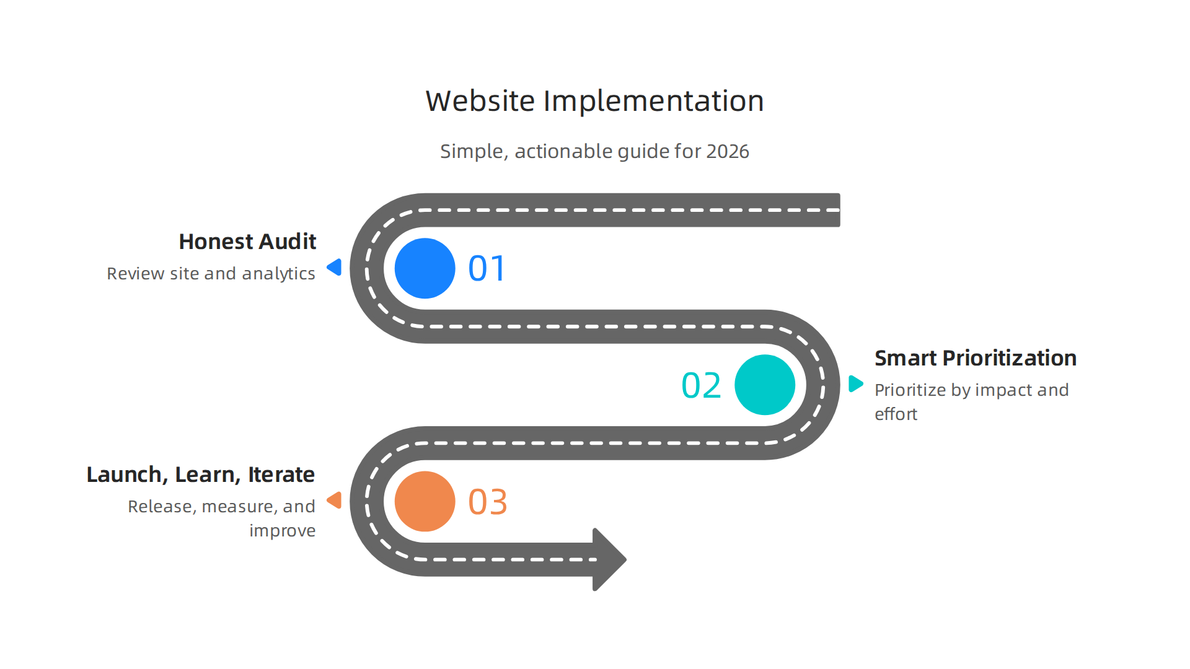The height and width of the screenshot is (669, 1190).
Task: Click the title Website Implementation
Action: [594, 101]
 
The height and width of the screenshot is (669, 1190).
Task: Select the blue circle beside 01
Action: [425, 268]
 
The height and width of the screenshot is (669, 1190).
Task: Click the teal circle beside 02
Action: [764, 385]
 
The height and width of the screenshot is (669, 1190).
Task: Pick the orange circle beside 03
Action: [425, 501]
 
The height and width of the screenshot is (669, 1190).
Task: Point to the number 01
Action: [487, 269]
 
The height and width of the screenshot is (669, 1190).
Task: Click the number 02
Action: [701, 385]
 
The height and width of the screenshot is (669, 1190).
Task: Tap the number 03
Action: [488, 502]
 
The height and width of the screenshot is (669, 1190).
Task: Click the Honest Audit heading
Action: [247, 242]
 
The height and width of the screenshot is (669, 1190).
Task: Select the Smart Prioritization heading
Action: [975, 358]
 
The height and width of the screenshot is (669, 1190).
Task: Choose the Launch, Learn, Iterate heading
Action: [200, 474]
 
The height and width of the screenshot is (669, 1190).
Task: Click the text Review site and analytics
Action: [211, 274]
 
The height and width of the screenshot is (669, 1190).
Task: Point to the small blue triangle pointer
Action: [335, 267]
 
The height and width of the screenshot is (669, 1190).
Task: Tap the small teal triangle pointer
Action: [855, 383]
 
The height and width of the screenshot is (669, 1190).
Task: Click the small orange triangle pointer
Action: [335, 500]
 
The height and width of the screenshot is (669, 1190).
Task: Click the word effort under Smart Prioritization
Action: [896, 414]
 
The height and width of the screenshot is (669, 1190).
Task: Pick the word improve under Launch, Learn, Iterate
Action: [282, 531]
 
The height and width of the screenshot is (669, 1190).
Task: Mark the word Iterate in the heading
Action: [281, 474]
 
